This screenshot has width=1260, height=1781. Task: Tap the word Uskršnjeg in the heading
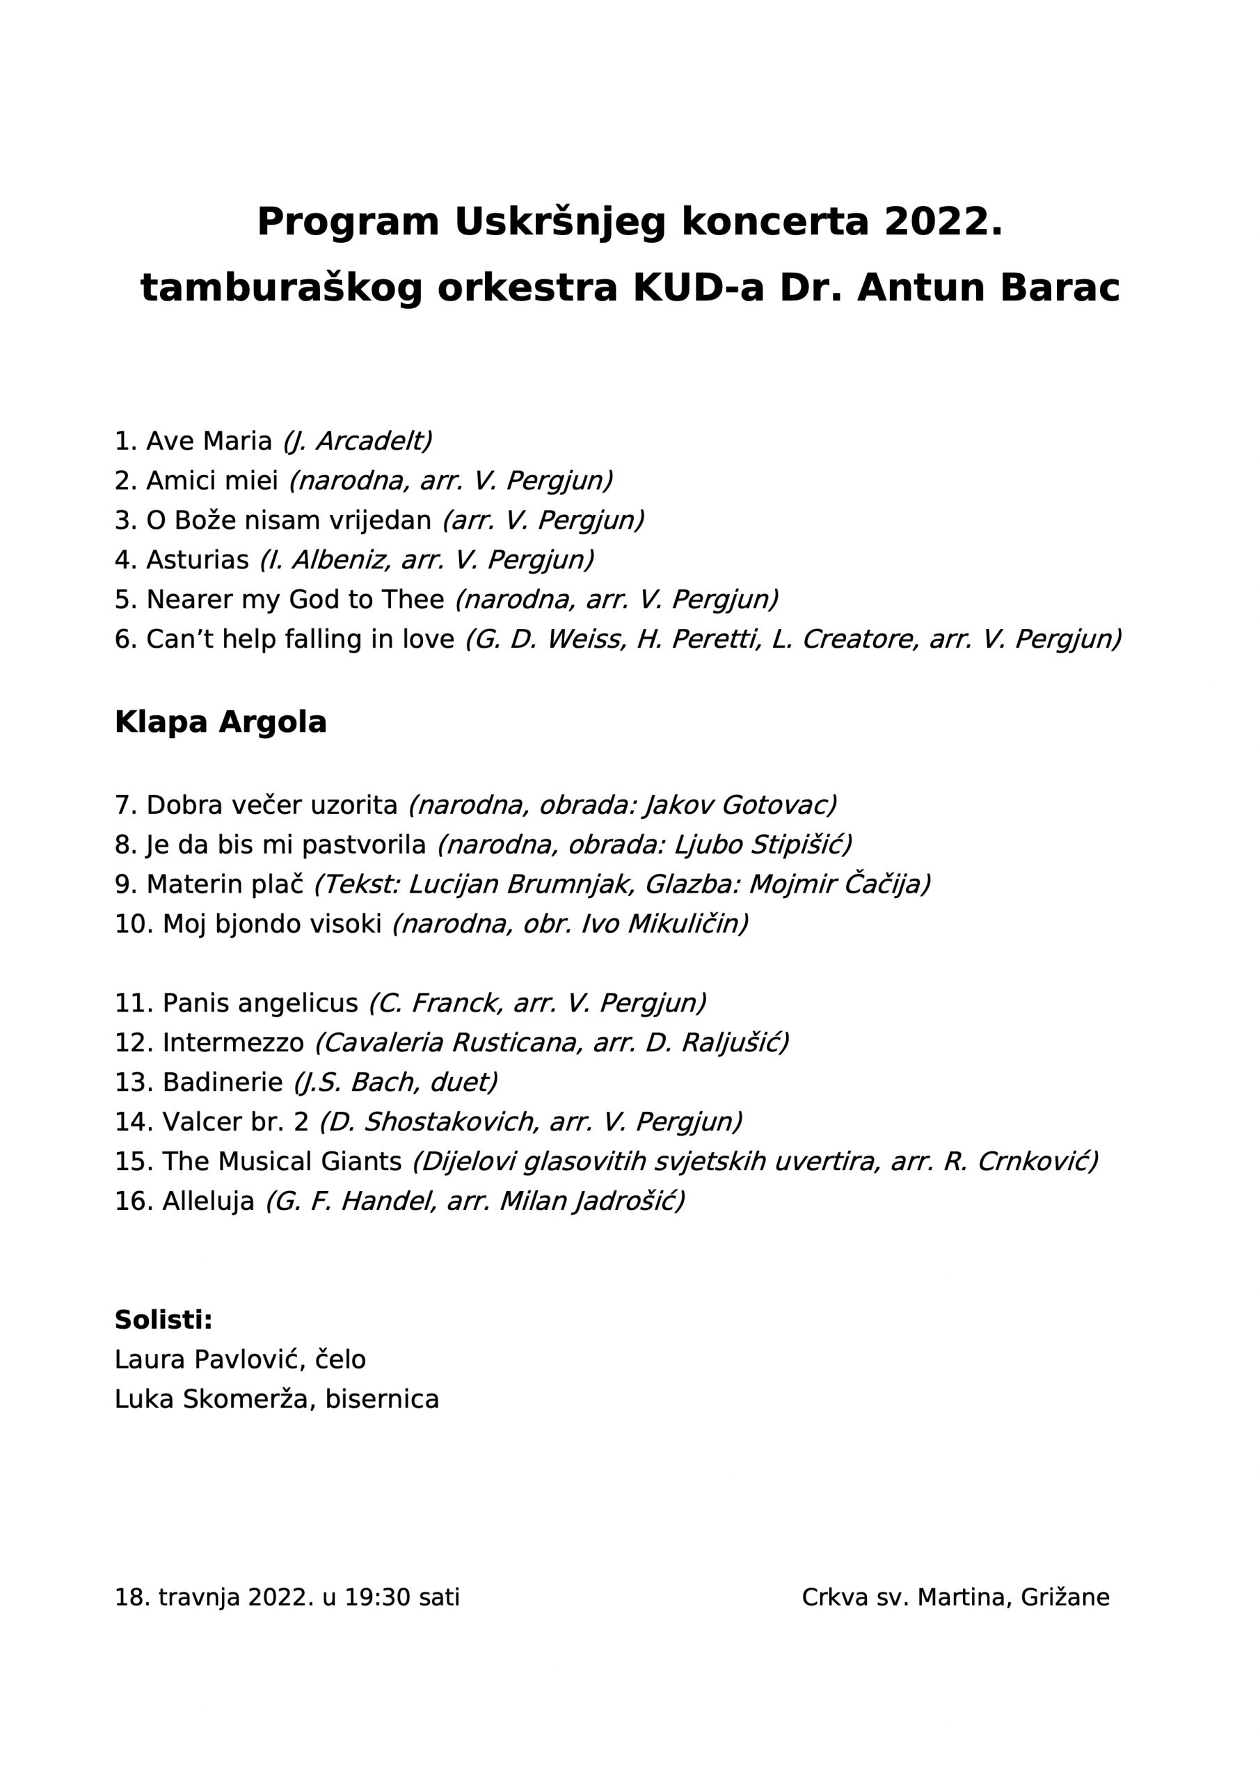click(559, 223)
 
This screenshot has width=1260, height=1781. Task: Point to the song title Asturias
click(197, 559)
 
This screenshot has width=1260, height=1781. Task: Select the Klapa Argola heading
click(221, 722)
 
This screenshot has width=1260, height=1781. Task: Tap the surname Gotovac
click(778, 805)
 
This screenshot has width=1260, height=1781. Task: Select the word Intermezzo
click(233, 1043)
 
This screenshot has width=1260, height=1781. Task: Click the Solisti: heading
click(164, 1320)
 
